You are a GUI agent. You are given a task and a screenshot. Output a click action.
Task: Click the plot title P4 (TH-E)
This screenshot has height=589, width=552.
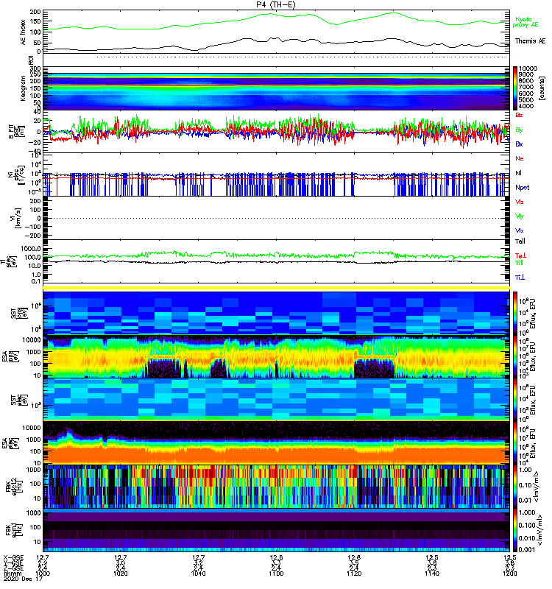(276, 4)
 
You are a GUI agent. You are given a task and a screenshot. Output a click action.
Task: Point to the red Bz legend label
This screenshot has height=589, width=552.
(520, 116)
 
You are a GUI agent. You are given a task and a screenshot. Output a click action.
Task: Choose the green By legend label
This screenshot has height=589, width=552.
(520, 130)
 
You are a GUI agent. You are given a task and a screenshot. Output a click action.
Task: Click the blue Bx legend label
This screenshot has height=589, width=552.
(520, 144)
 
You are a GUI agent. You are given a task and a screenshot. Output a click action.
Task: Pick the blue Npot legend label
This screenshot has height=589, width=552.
(524, 188)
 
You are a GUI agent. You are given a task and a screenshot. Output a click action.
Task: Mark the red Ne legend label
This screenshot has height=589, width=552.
(520, 159)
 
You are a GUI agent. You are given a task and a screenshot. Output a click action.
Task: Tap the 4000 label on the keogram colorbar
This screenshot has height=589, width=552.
(528, 107)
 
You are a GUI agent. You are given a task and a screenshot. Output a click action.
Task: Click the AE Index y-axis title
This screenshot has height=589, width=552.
(22, 32)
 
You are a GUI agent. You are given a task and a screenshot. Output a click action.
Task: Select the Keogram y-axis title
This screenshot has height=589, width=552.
(23, 88)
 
